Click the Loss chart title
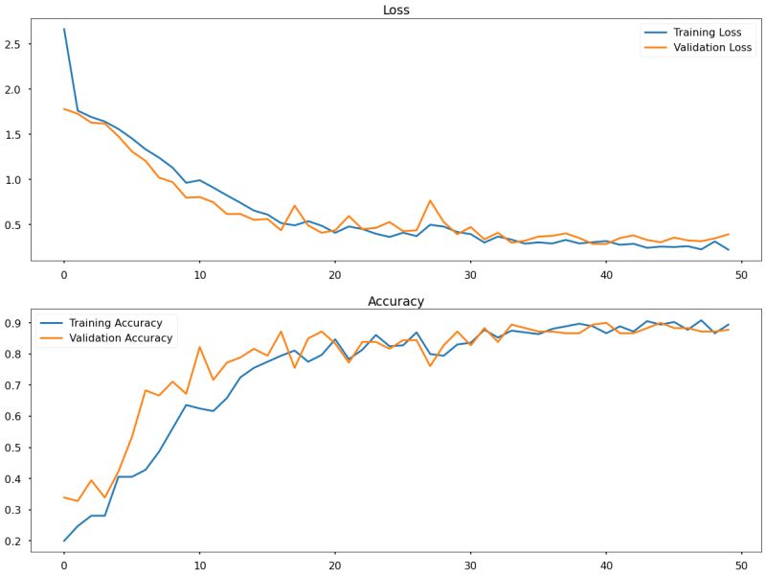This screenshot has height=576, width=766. point(396,11)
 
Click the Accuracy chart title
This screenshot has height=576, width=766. point(396,302)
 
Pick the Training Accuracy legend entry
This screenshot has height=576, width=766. point(114,323)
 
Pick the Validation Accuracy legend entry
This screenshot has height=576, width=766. point(119,338)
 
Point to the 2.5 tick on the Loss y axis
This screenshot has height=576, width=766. point(13,44)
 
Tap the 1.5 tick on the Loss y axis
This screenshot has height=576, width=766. point(13,135)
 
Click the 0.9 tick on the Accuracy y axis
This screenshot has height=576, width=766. point(13,324)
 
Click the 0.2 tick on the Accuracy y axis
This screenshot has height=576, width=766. point(13,541)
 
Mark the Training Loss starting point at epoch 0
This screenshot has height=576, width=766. point(64,29)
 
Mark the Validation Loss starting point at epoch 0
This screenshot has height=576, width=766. point(64,108)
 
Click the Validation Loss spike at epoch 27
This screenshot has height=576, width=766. point(430,200)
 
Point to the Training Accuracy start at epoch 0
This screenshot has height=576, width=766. point(64,541)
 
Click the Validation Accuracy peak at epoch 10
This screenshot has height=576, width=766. point(199,347)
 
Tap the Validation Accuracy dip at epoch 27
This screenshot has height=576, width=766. point(430,366)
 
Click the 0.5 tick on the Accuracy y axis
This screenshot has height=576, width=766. point(13,448)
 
